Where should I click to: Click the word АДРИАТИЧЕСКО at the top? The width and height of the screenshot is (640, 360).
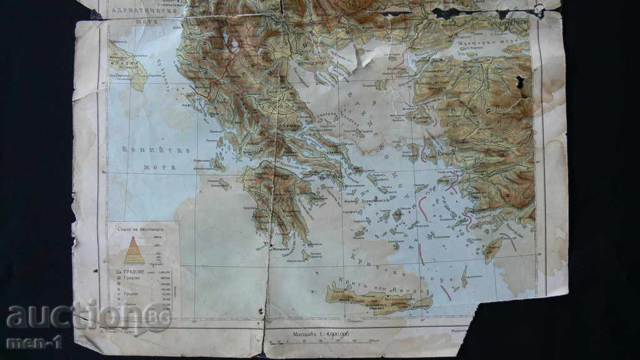(147, 11)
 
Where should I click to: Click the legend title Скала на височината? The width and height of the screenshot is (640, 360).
(141, 229)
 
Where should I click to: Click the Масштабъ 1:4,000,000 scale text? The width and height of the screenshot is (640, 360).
(321, 334)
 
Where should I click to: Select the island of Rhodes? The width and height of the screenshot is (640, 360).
(493, 249)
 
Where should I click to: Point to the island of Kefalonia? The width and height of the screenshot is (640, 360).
(218, 164)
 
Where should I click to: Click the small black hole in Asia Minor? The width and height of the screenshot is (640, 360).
(519, 81)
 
